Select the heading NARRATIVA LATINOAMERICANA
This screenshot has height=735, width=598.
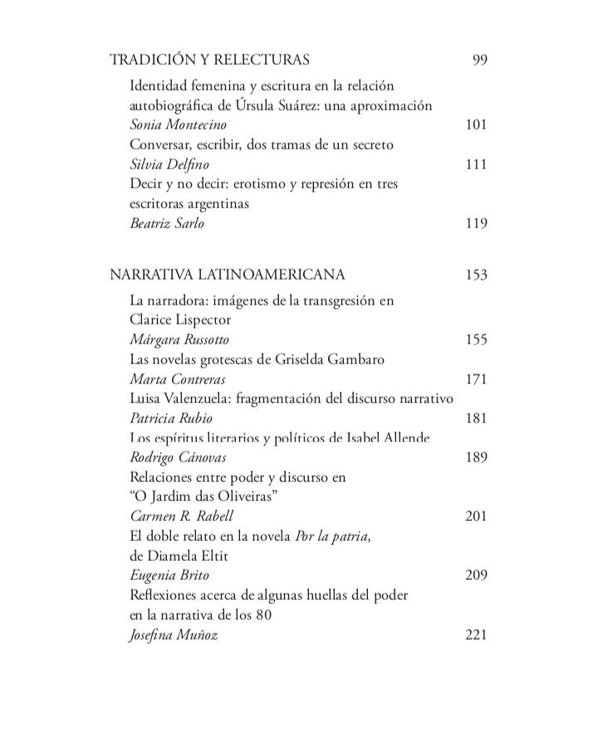[228, 275]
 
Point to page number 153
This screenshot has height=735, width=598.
[476, 275]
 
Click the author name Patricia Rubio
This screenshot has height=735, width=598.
[172, 417]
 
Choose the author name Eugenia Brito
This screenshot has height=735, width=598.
[168, 574]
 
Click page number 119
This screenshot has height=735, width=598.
[476, 222]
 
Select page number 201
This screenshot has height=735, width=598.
[476, 516]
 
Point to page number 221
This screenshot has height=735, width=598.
[476, 635]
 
